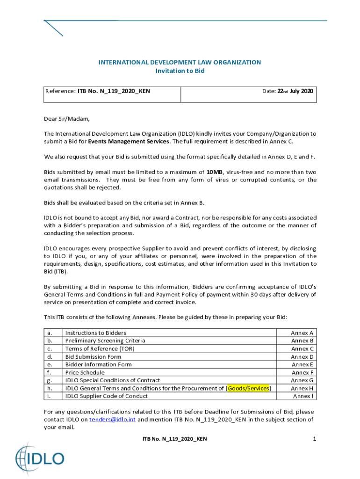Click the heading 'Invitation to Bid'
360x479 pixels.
(180, 71)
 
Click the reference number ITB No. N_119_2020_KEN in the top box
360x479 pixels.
(114, 91)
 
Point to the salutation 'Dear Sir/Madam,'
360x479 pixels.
(66, 119)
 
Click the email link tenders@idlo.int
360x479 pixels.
(112, 420)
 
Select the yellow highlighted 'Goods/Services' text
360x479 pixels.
(248, 388)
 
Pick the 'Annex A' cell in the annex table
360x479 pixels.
(302, 333)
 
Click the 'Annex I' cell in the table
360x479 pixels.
(303, 396)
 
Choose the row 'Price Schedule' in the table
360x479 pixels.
(85, 373)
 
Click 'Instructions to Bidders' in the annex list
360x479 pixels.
(95, 333)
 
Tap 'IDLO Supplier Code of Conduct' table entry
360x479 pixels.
(106, 396)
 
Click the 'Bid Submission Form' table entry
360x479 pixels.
(93, 357)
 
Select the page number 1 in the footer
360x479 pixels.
(315, 439)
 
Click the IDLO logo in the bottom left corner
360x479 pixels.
(40, 457)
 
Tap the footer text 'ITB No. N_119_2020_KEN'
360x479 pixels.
(174, 439)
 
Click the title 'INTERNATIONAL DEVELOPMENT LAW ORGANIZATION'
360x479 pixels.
(180, 62)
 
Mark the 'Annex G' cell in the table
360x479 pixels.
(302, 380)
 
